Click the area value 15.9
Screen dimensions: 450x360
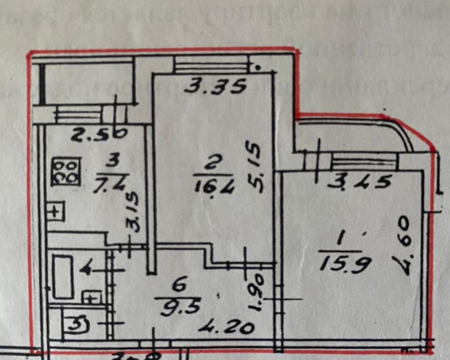(x=345, y=263)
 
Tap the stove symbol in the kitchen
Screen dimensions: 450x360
(x=66, y=171)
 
